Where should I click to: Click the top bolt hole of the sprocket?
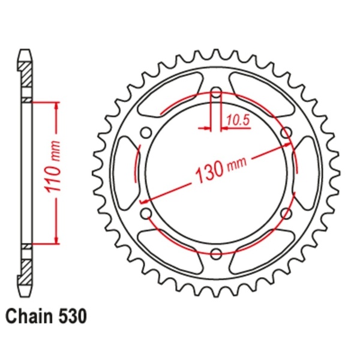click(x=217, y=93)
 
